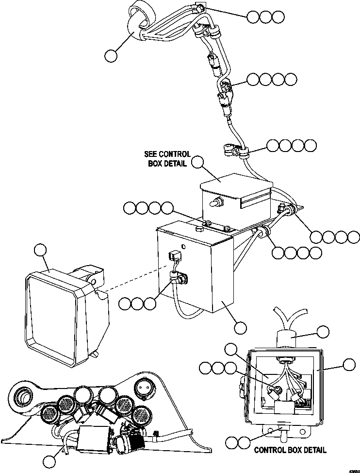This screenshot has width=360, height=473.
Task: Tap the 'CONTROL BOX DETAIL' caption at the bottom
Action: (x=290, y=450)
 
